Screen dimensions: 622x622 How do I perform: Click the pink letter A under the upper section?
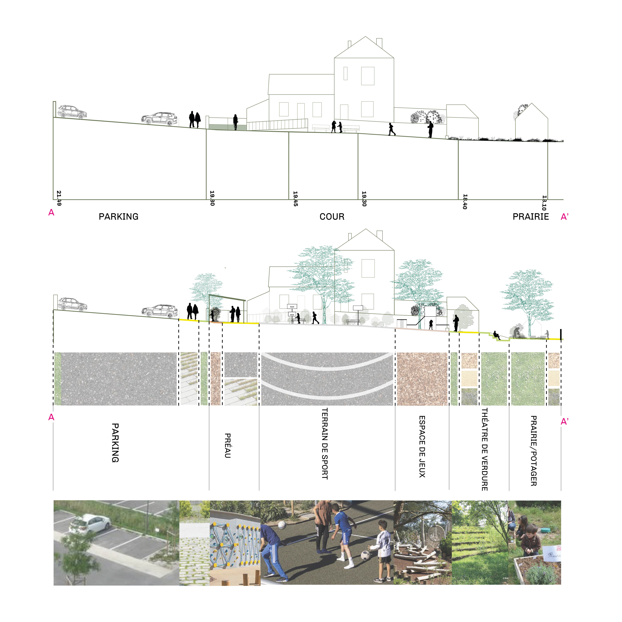[51, 213]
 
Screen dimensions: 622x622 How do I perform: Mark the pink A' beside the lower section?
[564, 421]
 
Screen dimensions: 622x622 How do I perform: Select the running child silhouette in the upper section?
[392, 129]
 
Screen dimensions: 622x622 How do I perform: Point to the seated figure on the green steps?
[496, 335]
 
